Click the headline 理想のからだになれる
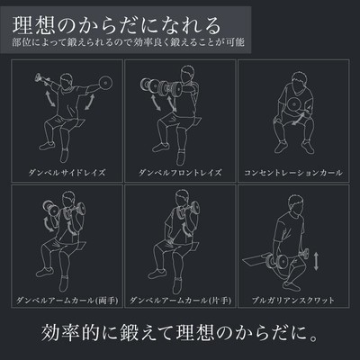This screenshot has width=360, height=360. pyautogui.click(x=116, y=26)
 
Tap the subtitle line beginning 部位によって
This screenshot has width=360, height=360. pyautogui.click(x=128, y=42)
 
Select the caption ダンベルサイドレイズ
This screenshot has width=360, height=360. pyautogui.click(x=67, y=173)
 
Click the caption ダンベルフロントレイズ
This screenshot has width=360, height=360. pyautogui.click(x=180, y=173)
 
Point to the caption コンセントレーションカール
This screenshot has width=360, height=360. pyautogui.click(x=293, y=173)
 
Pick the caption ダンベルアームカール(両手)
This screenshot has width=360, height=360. pyautogui.click(x=67, y=301)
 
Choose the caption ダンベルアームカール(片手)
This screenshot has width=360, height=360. pyautogui.click(x=180, y=301)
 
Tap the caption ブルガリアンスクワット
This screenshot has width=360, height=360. pyautogui.click(x=293, y=301)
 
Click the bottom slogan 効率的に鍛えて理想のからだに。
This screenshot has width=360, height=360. pyautogui.click(x=179, y=332)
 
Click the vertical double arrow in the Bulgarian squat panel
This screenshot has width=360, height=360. pyautogui.click(x=316, y=261)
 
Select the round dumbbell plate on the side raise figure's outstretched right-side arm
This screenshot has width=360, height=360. pyautogui.click(x=105, y=82)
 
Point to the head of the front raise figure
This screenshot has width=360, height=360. pyautogui.click(x=187, y=74)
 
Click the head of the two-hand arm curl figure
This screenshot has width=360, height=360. pyautogui.click(x=68, y=200)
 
